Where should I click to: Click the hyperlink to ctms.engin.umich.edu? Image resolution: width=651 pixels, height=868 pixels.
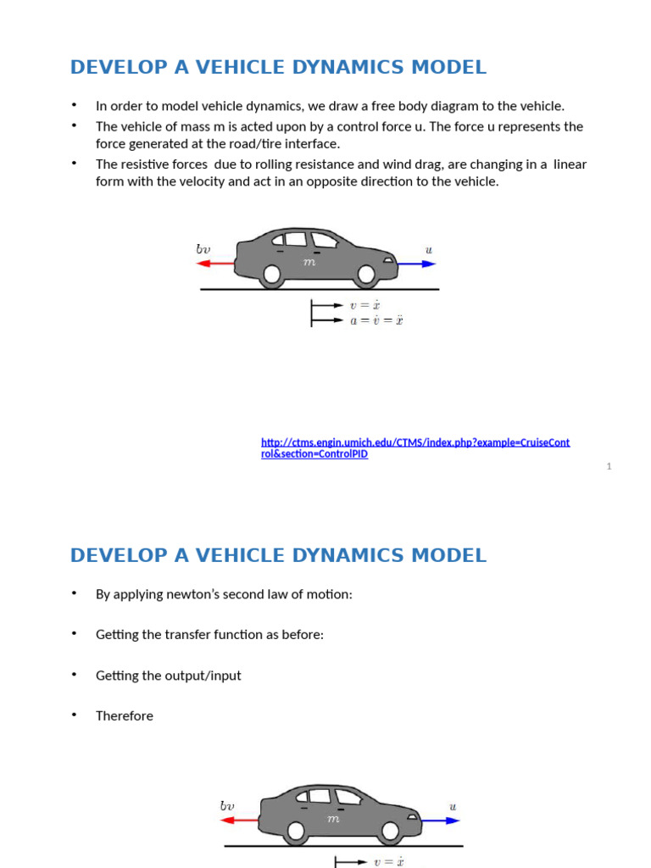415,448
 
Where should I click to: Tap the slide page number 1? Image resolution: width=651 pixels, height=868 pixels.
609,466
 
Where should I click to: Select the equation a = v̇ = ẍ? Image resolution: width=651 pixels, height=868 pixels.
376,321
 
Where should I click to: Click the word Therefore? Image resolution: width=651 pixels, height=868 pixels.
125,716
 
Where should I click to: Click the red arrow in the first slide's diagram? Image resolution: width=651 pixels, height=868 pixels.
215,264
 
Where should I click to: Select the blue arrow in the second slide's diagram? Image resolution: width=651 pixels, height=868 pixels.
441,820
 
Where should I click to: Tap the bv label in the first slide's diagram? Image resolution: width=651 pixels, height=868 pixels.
203,249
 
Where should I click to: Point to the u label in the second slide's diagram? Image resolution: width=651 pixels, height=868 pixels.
453,807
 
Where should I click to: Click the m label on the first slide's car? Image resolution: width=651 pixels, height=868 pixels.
309,263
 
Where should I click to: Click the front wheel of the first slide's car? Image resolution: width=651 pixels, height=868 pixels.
366,274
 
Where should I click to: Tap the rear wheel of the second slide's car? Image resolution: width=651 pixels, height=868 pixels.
295,831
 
